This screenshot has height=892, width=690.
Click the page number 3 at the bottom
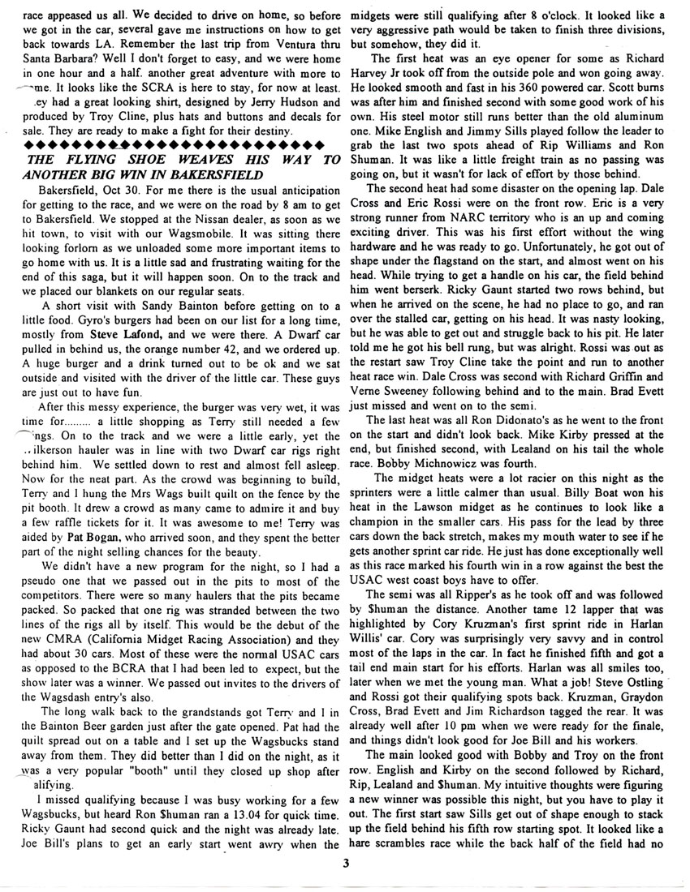click(x=345, y=862)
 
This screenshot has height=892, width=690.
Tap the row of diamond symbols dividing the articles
click(x=170, y=144)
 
